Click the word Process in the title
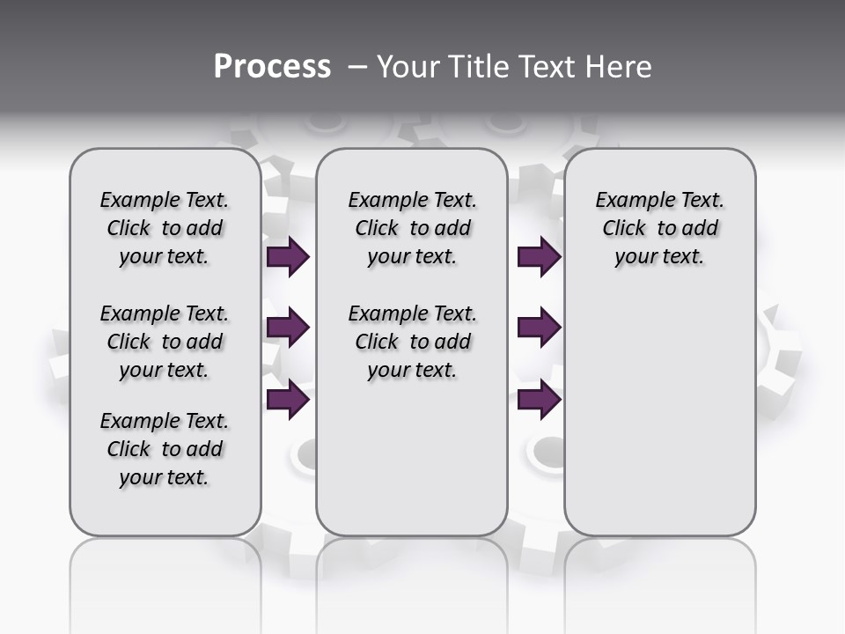point(272,67)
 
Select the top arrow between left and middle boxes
point(288,257)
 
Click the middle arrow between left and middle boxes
point(288,328)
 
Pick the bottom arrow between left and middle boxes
point(288,400)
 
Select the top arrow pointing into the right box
point(539,257)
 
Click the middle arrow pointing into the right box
point(539,328)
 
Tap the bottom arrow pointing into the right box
point(539,400)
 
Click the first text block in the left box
point(165,228)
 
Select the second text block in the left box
point(165,342)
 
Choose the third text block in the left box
point(165,449)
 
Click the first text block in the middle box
point(412,228)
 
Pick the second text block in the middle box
point(412,342)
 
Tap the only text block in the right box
point(659,228)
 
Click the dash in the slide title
point(356,67)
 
